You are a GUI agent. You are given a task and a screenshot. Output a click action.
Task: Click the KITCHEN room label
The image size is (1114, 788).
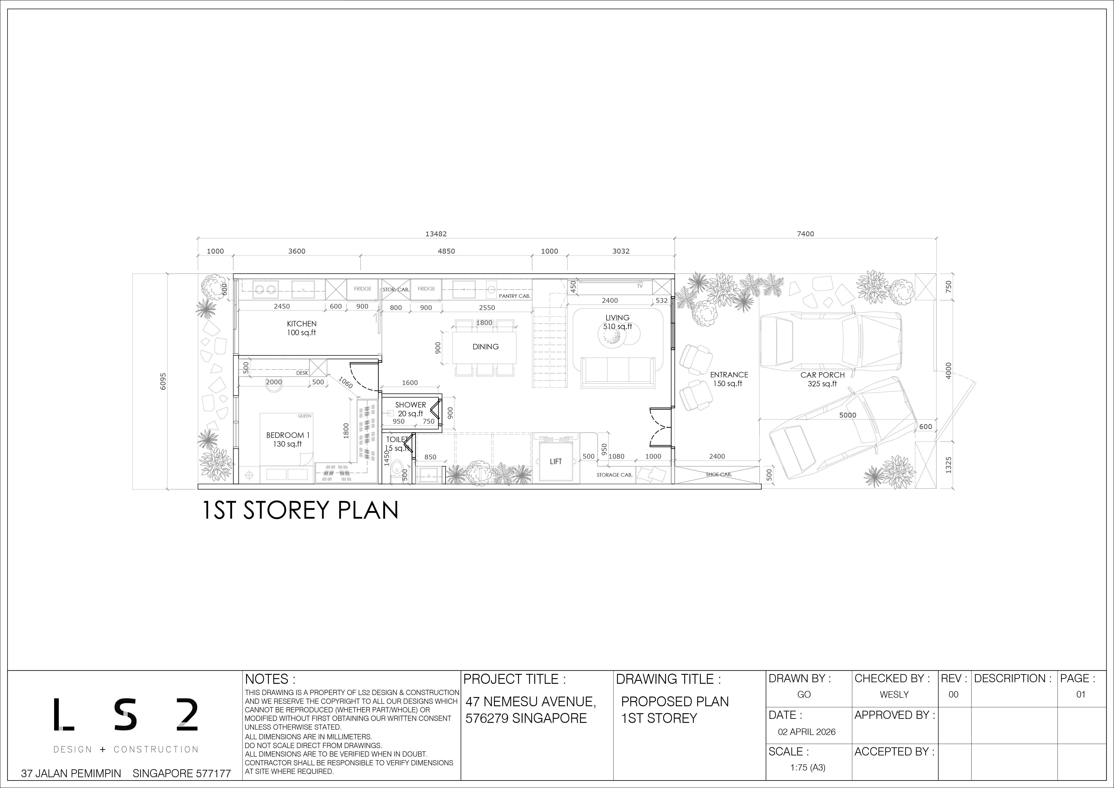click(x=302, y=324)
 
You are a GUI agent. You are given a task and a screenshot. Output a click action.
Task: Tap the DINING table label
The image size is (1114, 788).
click(x=486, y=346)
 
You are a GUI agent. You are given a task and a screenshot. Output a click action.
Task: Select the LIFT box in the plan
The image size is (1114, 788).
click(x=556, y=461)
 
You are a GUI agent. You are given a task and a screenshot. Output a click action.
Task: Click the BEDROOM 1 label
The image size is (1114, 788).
click(x=288, y=435)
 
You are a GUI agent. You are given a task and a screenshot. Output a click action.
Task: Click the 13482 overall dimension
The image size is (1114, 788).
click(x=436, y=234)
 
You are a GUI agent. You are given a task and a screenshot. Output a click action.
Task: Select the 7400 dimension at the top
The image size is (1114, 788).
click(x=805, y=234)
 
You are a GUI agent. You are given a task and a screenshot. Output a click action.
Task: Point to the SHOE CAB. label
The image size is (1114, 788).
click(x=719, y=475)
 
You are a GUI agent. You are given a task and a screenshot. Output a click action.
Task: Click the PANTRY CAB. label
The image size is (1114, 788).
click(x=515, y=296)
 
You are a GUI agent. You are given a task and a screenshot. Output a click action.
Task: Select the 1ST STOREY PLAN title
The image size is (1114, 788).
click(x=300, y=510)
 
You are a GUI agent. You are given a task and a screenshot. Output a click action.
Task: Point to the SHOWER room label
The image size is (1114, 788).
click(x=410, y=405)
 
